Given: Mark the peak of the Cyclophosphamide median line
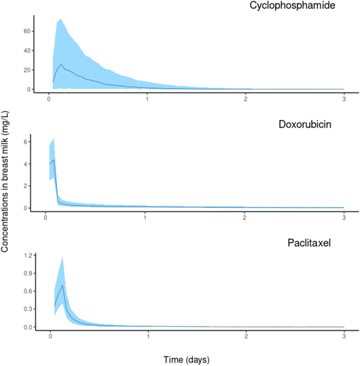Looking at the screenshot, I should point(61,64).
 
